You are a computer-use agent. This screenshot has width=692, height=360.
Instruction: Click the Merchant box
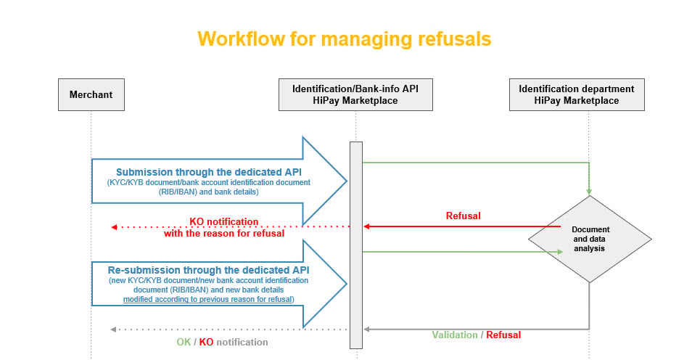tap(91, 94)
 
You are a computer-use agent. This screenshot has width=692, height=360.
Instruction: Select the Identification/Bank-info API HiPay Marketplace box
tap(355, 94)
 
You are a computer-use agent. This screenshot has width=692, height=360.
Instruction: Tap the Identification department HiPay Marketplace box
tap(577, 94)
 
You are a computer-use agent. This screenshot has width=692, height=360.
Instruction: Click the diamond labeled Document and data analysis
tap(590, 239)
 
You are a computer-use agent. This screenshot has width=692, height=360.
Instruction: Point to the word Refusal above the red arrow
tap(463, 216)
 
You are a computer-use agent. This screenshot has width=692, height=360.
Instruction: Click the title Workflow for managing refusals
tap(345, 39)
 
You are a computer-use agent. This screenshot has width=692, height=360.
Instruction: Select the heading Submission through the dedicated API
tap(209, 172)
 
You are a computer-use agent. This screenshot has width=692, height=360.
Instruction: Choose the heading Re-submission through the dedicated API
tap(209, 270)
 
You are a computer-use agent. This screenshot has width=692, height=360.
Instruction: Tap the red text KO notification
tap(223, 221)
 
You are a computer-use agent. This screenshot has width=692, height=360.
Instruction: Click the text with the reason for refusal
tap(224, 233)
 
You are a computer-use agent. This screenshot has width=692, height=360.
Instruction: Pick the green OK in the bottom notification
tap(184, 342)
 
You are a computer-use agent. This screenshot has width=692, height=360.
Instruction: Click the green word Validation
tap(455, 335)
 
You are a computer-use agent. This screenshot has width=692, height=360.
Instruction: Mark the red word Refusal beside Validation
tap(503, 335)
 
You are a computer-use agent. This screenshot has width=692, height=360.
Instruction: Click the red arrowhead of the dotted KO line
tap(114, 227)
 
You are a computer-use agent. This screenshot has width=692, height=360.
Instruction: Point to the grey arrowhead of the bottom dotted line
tap(113, 330)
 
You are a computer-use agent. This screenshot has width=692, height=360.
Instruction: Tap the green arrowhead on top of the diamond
tap(589, 192)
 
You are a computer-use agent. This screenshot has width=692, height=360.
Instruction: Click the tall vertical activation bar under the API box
tap(356, 245)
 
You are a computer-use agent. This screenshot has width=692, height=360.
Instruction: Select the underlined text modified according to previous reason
tap(208, 299)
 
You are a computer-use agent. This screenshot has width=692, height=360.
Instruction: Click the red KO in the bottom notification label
tap(206, 342)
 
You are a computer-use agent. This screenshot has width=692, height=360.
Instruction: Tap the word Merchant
tap(91, 94)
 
